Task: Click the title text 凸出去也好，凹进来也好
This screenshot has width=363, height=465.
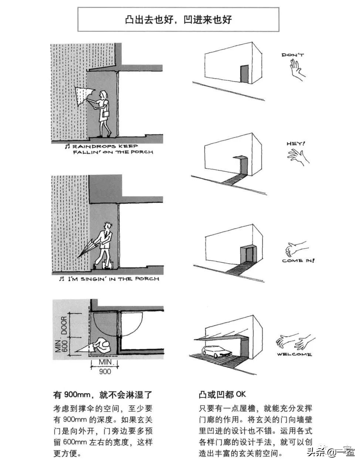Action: pos(178,20)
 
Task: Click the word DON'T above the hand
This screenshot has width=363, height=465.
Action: pos(292,55)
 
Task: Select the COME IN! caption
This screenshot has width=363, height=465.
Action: pos(298,261)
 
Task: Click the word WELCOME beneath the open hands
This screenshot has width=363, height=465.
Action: pos(294,355)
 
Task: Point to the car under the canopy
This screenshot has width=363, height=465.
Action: pos(216,352)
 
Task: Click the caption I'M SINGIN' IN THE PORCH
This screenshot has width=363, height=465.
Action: pos(109,279)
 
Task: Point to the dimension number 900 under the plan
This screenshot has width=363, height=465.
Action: pos(105,371)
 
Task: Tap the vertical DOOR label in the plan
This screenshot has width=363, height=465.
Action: pos(64,325)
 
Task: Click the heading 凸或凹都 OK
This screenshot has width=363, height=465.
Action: pos(222,394)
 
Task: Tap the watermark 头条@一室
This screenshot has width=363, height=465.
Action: pos(330,452)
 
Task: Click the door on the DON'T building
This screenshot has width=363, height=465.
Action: pos(244,74)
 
